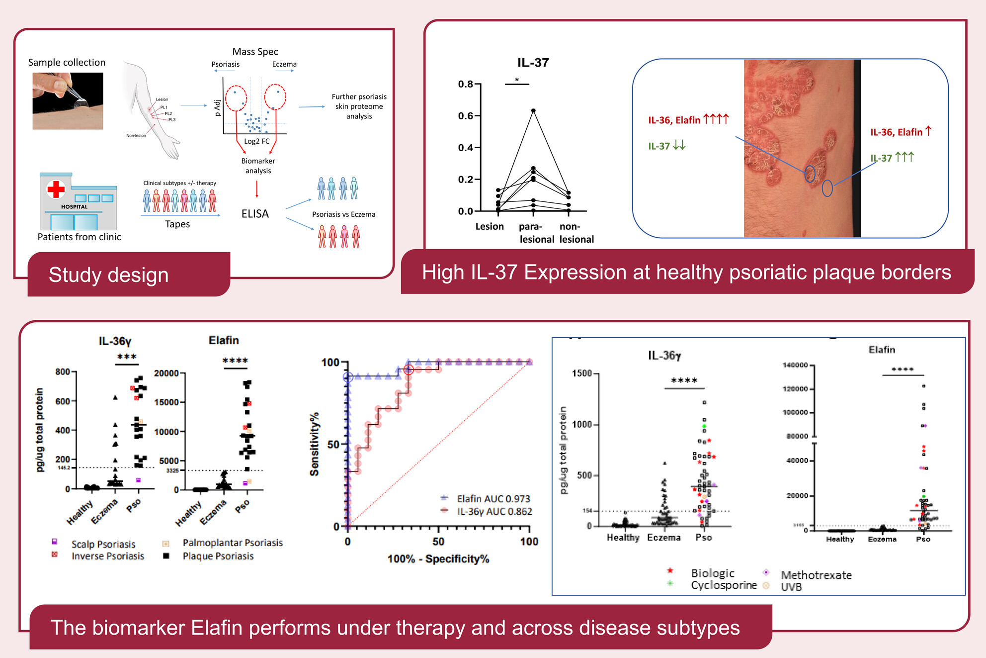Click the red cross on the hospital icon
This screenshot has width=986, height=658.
tap(56, 189)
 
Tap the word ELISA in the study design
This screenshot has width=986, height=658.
tap(255, 214)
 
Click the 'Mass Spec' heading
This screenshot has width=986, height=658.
tap(255, 52)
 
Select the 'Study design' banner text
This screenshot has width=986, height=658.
tap(108, 275)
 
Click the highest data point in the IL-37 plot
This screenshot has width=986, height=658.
tap(533, 110)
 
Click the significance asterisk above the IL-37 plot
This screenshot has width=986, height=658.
tap(517, 80)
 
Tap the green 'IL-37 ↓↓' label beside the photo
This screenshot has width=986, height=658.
tap(666, 146)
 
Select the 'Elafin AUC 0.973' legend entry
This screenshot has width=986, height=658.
tap(493, 498)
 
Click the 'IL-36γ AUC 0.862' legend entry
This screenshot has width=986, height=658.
tap(494, 511)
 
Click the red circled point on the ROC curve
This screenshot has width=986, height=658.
tap(409, 370)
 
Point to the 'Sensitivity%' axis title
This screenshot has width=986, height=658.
tap(314, 444)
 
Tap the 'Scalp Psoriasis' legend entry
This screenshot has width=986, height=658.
tap(103, 544)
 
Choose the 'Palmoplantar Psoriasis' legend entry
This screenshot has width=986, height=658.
tap(232, 543)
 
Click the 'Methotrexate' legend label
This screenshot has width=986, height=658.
tap(816, 575)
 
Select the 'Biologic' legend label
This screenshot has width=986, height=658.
tap(712, 573)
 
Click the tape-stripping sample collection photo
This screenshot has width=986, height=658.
tap(68, 101)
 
